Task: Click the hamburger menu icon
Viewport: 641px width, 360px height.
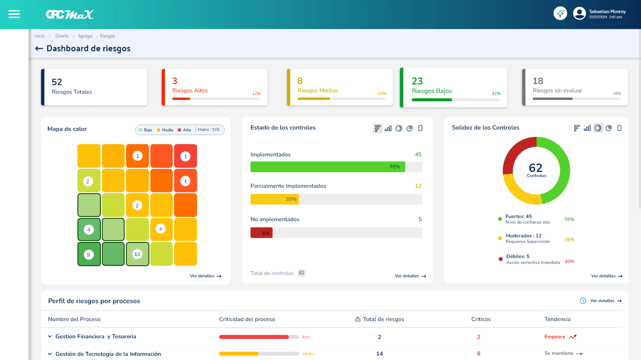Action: click(14, 14)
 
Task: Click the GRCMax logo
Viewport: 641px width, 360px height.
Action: click(70, 14)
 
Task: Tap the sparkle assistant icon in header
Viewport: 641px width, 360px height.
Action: click(560, 13)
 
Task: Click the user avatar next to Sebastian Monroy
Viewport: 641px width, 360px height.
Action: click(579, 13)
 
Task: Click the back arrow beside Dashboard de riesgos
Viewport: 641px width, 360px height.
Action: click(39, 49)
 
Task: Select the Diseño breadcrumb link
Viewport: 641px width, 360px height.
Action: click(62, 36)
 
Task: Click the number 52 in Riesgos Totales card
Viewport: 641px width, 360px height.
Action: click(57, 82)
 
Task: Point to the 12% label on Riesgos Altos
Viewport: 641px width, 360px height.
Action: click(256, 93)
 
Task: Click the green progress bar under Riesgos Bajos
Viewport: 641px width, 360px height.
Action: click(432, 100)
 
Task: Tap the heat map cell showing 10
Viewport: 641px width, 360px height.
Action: click(137, 254)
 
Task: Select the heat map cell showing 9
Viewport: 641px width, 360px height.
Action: click(89, 255)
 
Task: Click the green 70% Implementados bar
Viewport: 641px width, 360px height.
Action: click(327, 167)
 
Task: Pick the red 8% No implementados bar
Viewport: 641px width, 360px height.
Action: click(261, 233)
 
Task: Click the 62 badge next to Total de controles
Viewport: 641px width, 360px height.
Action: click(301, 273)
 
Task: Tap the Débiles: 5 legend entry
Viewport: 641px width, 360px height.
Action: click(518, 256)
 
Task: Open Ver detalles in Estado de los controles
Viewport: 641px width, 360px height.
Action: click(410, 276)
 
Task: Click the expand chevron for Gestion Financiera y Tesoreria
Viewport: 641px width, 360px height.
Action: click(50, 336)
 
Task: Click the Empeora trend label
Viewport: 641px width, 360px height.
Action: click(555, 337)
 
